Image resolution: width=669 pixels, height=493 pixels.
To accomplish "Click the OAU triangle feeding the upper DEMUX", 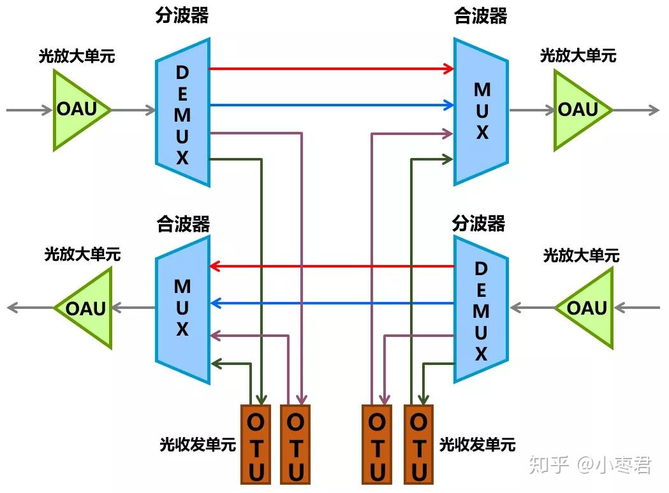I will tap(77, 110).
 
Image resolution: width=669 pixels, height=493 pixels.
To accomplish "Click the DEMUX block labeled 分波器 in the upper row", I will tap(182, 112).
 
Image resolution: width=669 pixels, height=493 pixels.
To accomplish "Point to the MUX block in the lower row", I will tap(182, 310).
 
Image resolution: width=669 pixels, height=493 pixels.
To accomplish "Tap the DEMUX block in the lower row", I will tap(481, 310).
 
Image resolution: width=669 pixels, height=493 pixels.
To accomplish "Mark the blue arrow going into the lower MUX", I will tap(332, 303).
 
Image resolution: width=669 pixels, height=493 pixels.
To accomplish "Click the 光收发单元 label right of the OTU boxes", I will tap(477, 444).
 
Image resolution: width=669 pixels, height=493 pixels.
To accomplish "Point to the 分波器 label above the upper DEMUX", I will tap(182, 15).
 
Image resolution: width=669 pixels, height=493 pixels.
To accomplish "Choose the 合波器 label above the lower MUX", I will tap(184, 224).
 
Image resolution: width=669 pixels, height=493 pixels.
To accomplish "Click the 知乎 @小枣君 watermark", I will tap(590, 465).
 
